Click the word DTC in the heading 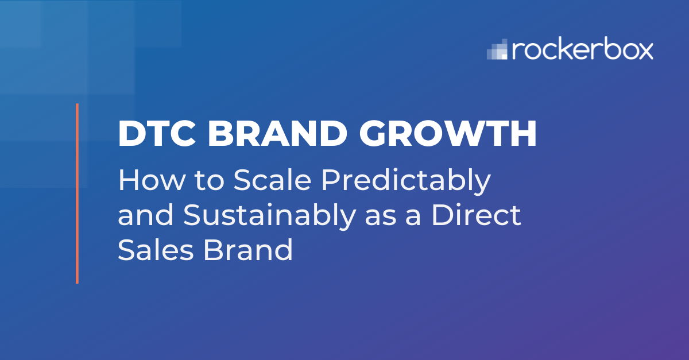coord(157,134)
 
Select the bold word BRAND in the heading coord(277,134)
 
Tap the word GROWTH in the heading coord(448,134)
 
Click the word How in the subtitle coord(152,180)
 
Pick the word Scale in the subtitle coord(273,180)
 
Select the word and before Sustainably coord(146,215)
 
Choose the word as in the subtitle coord(381,217)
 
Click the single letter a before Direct coord(413,217)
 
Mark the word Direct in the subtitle coord(476,215)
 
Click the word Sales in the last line coord(156,249)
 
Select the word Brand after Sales coord(248,249)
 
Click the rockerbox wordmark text coord(582,49)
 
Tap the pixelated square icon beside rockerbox coord(497,49)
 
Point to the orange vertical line coord(77,193)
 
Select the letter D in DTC coord(130,134)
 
